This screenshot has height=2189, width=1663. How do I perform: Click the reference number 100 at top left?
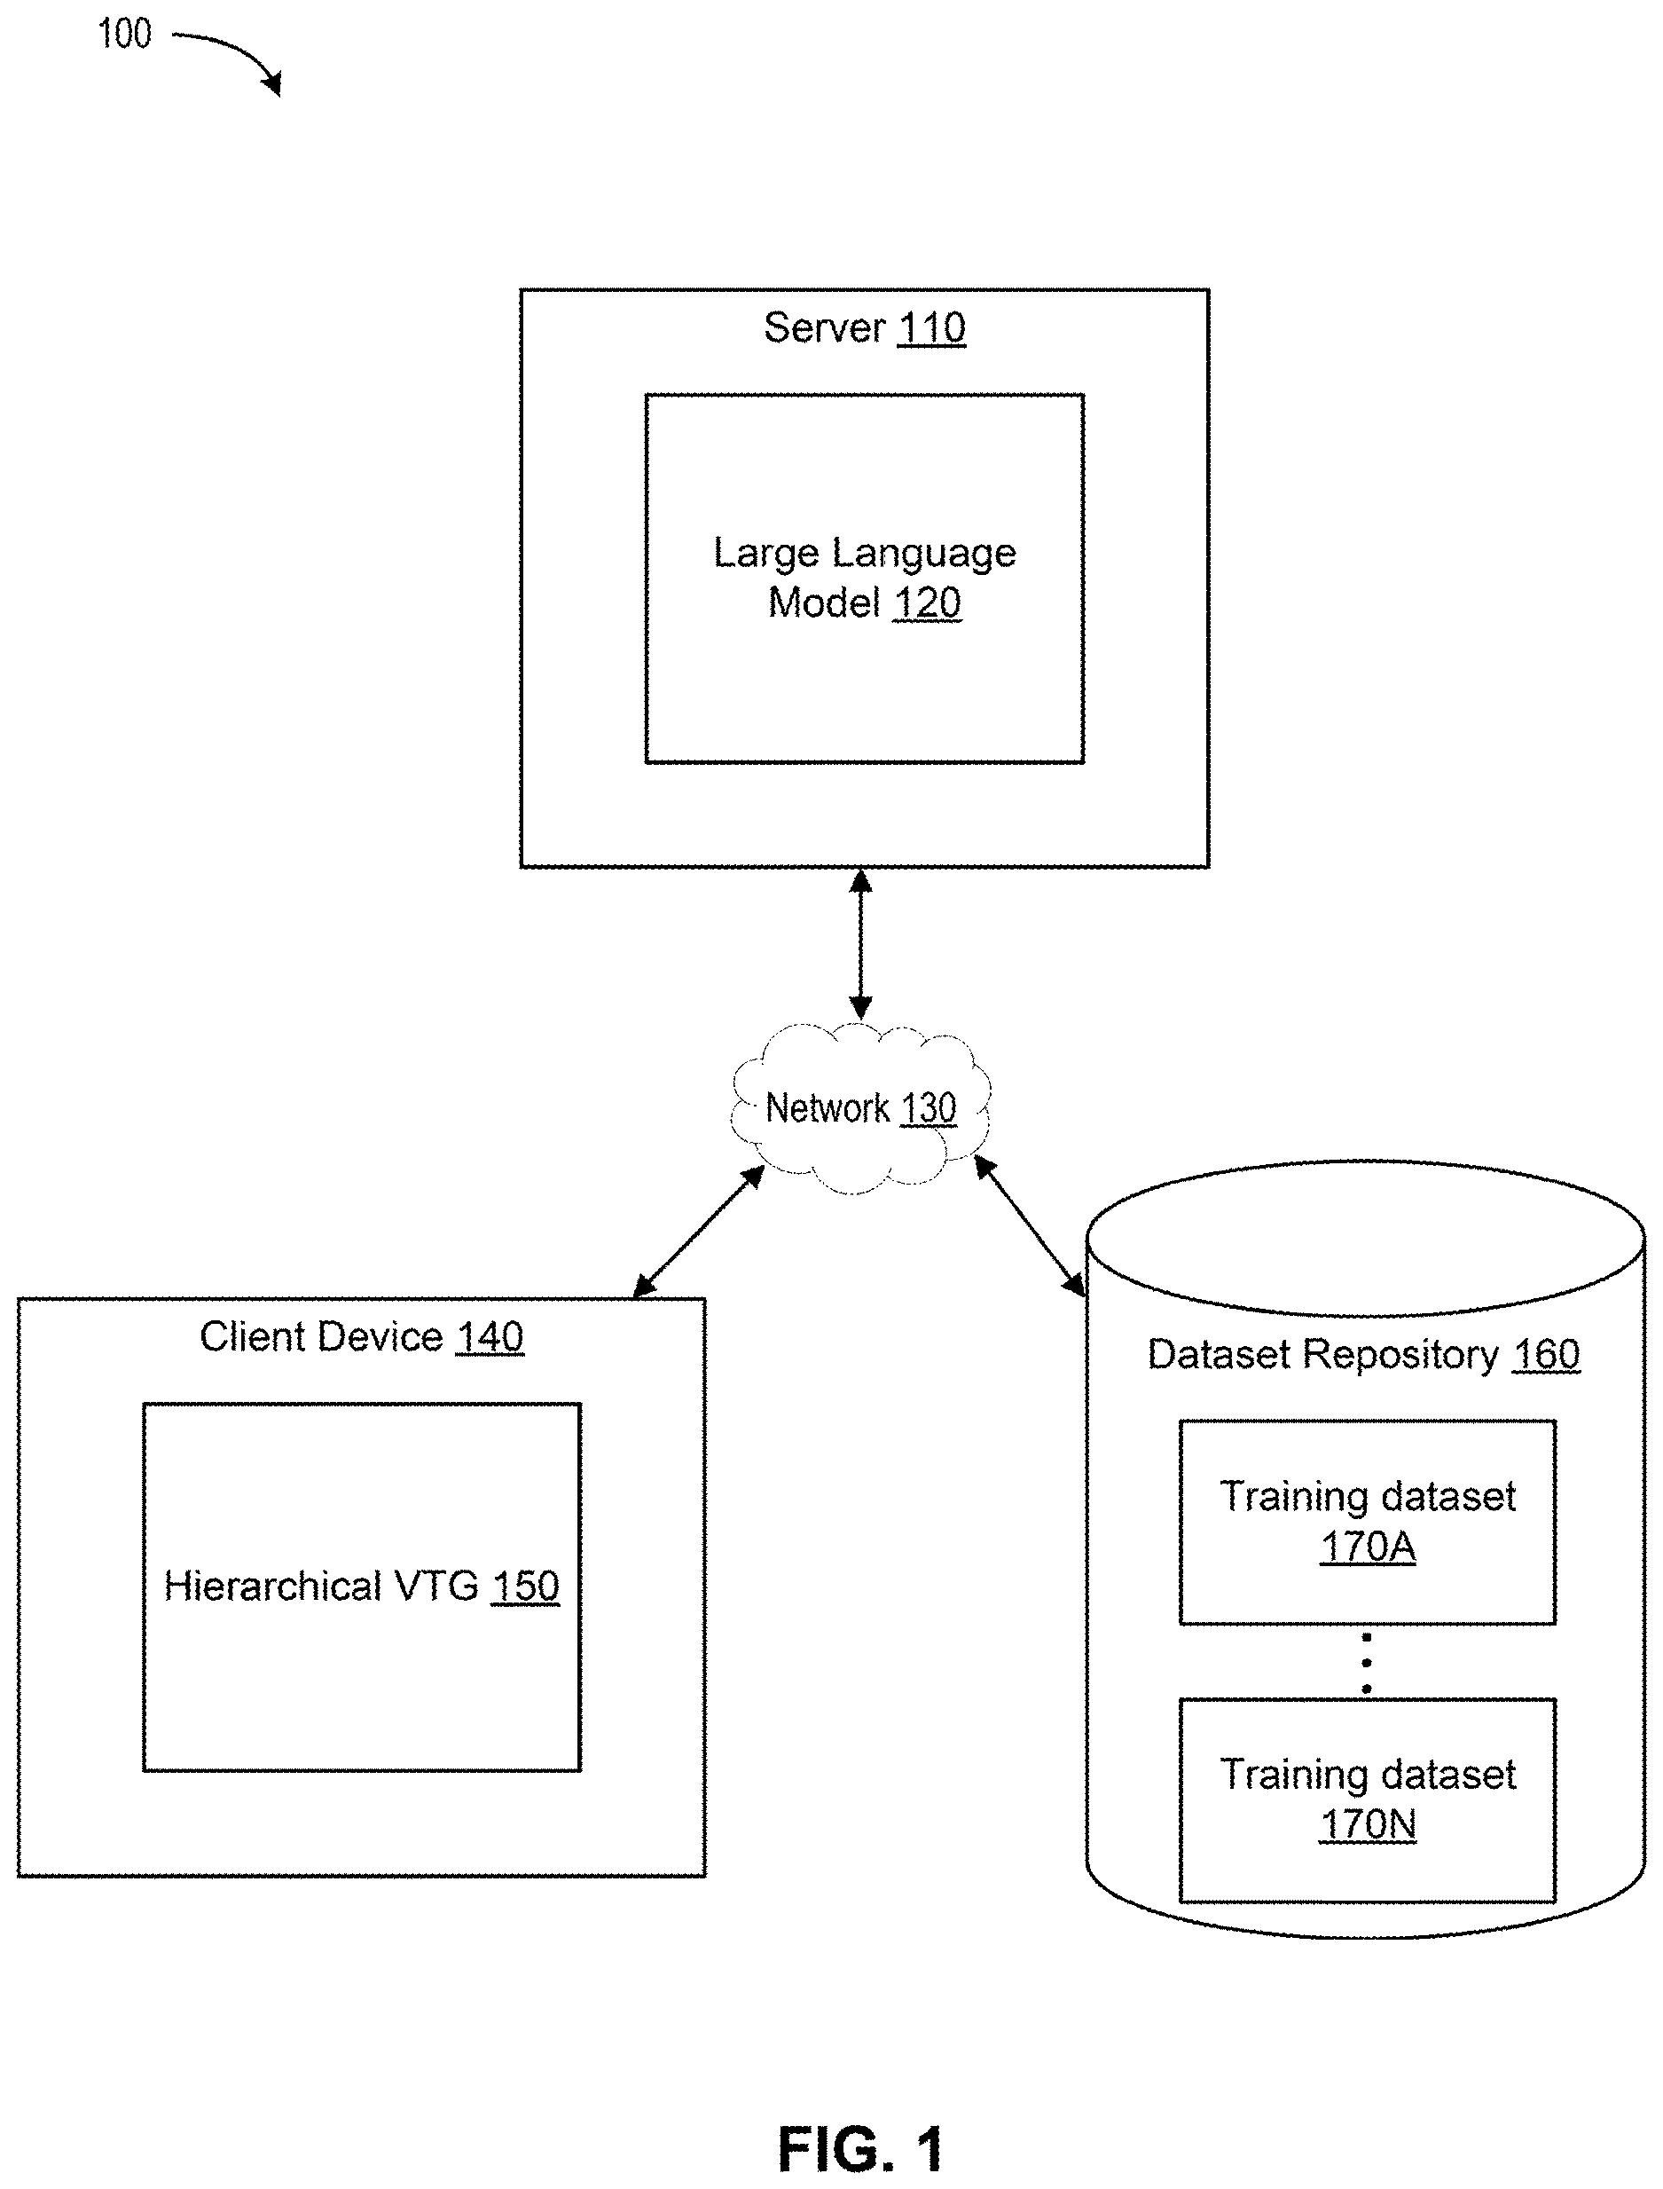(125, 34)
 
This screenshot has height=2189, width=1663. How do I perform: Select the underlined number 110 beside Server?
(931, 327)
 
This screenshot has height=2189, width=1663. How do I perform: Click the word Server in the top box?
(825, 327)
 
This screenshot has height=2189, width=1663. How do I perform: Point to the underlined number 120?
(927, 603)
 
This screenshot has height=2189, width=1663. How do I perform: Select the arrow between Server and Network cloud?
(861, 943)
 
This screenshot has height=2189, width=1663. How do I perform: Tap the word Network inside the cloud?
(828, 1108)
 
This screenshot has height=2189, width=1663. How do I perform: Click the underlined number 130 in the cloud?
(929, 1108)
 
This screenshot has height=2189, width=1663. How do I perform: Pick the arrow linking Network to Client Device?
(699, 1231)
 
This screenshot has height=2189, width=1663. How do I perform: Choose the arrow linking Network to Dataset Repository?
(1030, 1225)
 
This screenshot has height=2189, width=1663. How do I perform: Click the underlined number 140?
(490, 1337)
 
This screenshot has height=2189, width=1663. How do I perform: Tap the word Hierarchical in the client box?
(272, 1586)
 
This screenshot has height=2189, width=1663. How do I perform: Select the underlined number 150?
(526, 1586)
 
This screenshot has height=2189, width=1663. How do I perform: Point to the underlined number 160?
(1546, 1354)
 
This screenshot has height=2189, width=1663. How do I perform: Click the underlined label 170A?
(1368, 1547)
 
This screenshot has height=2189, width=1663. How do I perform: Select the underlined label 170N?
(1368, 1824)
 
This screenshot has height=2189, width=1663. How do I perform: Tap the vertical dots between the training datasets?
(1367, 1664)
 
